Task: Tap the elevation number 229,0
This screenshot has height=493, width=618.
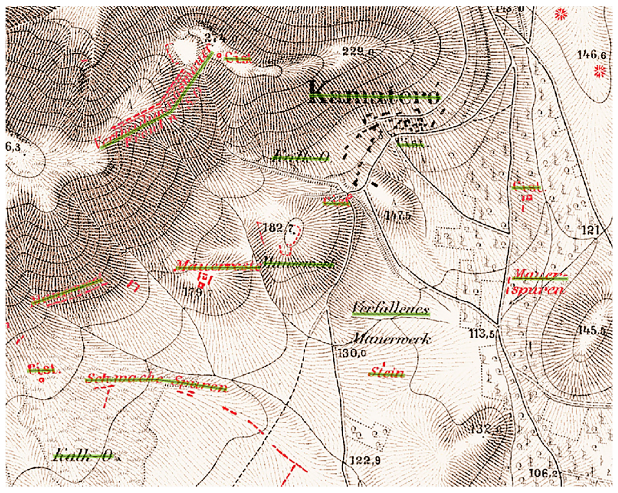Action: [x=358, y=51]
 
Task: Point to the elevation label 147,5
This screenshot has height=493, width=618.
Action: [x=397, y=216]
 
